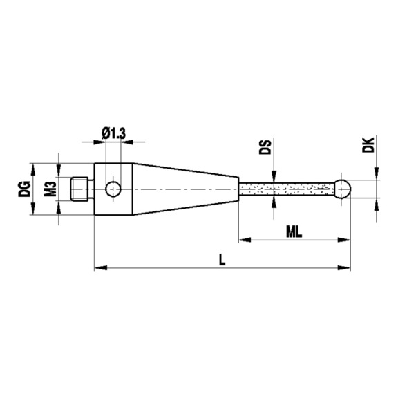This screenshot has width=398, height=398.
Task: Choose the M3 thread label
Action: pyautogui.click(x=49, y=188)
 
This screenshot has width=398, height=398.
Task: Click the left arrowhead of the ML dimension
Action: pyautogui.click(x=244, y=240)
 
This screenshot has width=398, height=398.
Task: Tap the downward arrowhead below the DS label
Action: pyautogui.click(x=275, y=176)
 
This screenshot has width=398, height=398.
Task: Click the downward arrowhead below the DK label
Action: pyautogui.click(x=377, y=175)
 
